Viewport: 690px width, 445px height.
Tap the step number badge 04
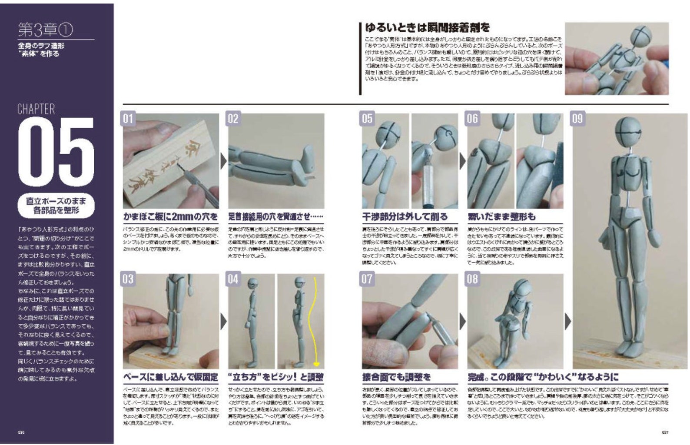(x=233, y=279)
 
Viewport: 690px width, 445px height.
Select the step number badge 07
(x=367, y=279)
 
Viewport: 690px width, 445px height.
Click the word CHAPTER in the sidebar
(x=36, y=109)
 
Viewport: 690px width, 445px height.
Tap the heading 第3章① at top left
(x=45, y=30)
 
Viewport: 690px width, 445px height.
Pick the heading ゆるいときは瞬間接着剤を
(x=427, y=28)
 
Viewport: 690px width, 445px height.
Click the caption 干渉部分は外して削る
(x=405, y=216)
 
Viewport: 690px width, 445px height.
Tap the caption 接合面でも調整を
(x=396, y=377)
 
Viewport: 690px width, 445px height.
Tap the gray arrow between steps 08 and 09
(x=568, y=322)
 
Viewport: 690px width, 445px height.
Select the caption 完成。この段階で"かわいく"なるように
(x=543, y=377)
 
